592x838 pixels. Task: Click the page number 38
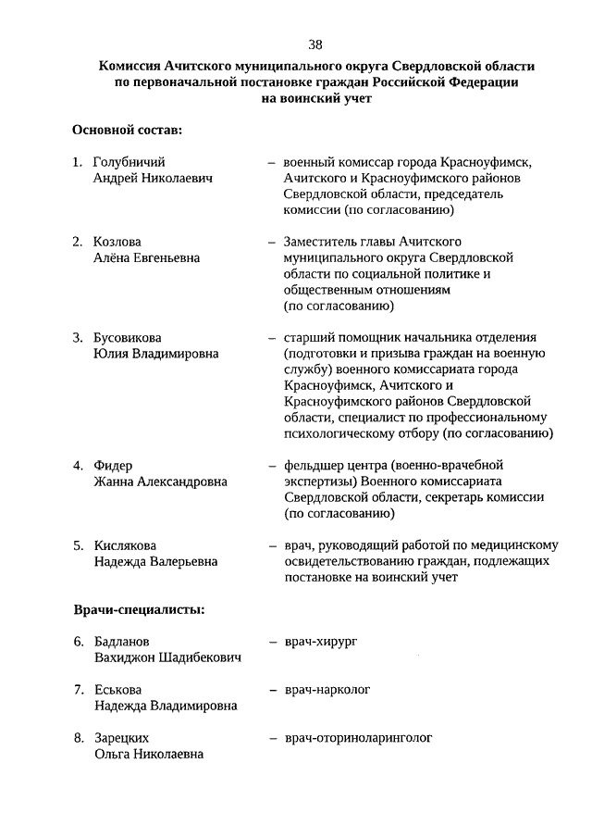point(316,44)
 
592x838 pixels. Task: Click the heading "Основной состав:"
point(127,131)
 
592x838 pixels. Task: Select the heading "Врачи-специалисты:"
point(139,609)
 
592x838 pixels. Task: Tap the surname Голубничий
point(129,162)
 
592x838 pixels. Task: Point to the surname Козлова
point(117,242)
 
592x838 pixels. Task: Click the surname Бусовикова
point(133,337)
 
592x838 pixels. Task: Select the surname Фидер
point(113,465)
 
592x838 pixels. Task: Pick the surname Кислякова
point(125,544)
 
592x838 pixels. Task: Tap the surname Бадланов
point(122,641)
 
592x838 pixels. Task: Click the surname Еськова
point(117,689)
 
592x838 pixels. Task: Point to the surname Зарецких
point(121,737)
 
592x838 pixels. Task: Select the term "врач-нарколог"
point(328,689)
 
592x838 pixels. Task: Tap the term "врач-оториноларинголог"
point(358,737)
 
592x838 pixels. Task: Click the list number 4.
point(78,465)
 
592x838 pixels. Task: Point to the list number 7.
point(78,689)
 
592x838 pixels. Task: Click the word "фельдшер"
point(313,465)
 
